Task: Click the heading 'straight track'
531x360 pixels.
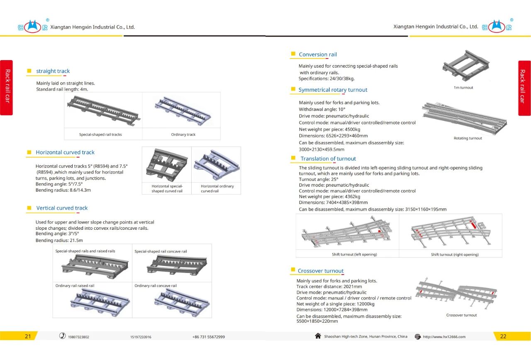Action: click(53, 71)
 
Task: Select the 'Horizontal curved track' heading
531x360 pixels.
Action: click(65, 152)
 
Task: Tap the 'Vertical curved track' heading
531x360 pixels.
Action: click(62, 208)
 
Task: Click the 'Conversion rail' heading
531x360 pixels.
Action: click(318, 54)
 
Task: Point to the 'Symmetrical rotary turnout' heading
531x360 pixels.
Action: click(333, 90)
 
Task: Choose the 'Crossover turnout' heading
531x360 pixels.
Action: click(321, 271)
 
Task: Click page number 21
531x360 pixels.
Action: click(28, 336)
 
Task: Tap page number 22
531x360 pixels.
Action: click(503, 336)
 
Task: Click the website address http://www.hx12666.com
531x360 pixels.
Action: click(444, 337)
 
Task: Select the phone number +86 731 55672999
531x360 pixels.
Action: click(209, 337)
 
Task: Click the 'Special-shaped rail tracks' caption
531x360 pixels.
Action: click(100, 134)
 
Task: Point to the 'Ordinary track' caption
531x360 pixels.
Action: click(183, 134)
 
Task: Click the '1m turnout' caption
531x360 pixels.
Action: click(463, 88)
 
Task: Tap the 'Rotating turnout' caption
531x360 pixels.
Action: click(468, 138)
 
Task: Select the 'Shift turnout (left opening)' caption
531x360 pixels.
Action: click(354, 254)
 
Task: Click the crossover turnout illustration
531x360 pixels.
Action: click(456, 292)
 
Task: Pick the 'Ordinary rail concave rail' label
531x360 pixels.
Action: click(156, 286)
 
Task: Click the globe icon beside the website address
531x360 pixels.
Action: click(418, 337)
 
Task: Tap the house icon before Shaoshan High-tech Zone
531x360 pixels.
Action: click(318, 336)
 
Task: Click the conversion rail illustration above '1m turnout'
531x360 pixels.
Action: click(466, 65)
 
